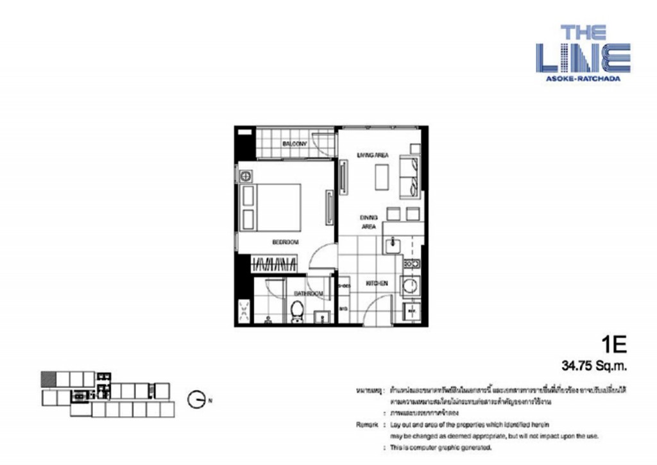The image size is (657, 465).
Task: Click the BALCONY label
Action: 296,144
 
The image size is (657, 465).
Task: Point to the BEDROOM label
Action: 286,242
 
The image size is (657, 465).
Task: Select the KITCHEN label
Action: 376,283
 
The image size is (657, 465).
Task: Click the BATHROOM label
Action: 308,294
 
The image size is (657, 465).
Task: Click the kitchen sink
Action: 391,244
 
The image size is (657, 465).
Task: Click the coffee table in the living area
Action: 382,177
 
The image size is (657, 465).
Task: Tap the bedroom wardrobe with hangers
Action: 277,262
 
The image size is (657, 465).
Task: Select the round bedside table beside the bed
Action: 245,176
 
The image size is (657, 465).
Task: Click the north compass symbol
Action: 197,400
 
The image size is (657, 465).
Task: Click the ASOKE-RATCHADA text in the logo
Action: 583,78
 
